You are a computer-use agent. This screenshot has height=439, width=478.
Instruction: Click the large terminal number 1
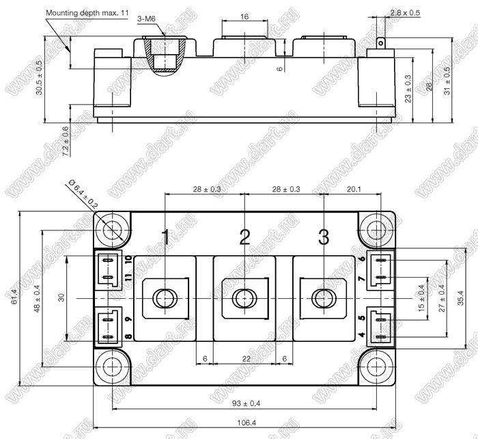(166, 237)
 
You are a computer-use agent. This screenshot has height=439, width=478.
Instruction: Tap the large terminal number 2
(244, 237)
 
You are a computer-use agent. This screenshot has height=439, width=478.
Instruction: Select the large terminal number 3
(324, 237)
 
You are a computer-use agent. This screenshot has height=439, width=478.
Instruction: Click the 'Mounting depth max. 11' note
(87, 13)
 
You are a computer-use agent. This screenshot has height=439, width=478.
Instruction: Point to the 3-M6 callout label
(146, 19)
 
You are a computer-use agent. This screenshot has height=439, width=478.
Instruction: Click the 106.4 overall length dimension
(247, 423)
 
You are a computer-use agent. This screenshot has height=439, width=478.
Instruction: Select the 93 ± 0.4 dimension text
(247, 403)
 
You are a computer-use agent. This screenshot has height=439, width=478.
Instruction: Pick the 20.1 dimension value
(354, 189)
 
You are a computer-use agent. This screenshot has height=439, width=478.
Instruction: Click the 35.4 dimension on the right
(460, 298)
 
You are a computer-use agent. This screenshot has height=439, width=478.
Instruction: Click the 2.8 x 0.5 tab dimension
(405, 13)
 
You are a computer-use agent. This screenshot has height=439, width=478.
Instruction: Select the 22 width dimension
(247, 359)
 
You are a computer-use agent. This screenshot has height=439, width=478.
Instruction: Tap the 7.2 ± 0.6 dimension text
(66, 142)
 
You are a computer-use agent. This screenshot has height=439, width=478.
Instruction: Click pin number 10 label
(128, 260)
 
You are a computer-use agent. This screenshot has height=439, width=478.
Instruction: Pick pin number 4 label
(361, 335)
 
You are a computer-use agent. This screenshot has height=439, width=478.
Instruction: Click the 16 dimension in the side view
(244, 16)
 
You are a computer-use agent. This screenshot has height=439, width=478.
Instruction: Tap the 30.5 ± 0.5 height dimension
(39, 77)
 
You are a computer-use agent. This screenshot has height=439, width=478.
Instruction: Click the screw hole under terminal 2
(244, 298)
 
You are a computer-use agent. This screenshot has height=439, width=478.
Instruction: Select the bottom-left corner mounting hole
(112, 367)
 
